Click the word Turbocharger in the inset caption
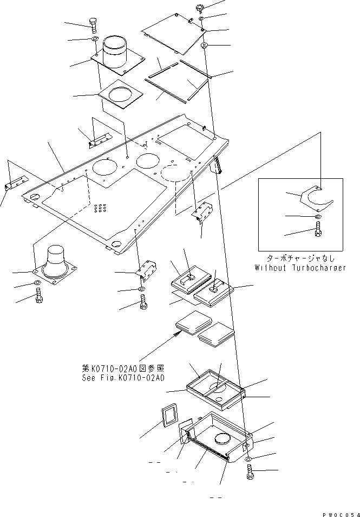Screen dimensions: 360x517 click(319, 268)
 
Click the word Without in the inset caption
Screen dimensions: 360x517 click(270, 267)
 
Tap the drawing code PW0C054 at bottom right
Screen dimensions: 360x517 click(341, 514)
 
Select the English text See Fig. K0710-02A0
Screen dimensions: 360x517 click(123, 378)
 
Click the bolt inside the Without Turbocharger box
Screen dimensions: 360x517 click(318, 229)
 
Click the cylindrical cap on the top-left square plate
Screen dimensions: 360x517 click(115, 51)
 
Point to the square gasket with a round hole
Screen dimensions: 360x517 click(121, 94)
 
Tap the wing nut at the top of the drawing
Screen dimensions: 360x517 click(200, 8)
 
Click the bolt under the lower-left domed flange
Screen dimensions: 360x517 click(39, 295)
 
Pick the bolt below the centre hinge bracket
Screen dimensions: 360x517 click(143, 302)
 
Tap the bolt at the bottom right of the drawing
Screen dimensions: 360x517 click(250, 472)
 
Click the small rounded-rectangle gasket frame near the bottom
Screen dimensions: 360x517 click(169, 417)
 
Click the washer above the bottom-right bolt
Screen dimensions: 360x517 click(250, 459)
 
